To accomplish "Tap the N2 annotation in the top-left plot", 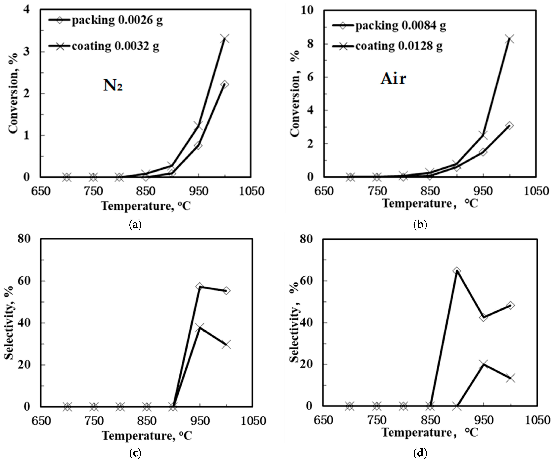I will pyautogui.click(x=113, y=86).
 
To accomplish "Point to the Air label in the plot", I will pyautogui.click(x=393, y=79).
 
